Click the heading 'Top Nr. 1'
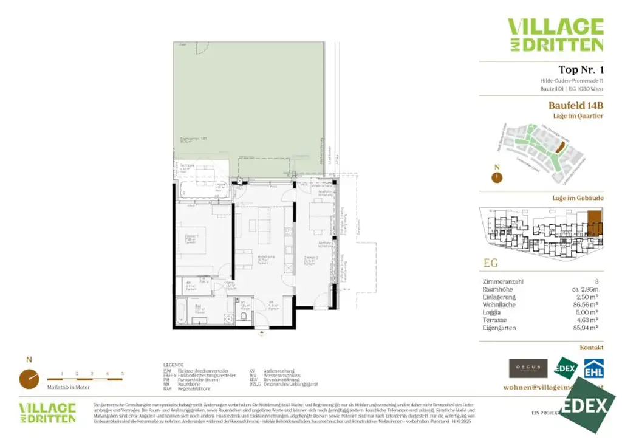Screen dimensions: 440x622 (x=580, y=70)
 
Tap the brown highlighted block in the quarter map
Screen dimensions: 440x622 (x=561, y=146)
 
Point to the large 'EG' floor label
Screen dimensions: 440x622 (x=491, y=263)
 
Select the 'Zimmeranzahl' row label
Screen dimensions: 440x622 (x=502, y=282)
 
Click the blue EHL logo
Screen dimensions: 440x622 (x=593, y=369)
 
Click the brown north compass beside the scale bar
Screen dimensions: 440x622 (x=29, y=379)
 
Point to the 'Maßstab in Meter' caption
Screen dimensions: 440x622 (x=69, y=387)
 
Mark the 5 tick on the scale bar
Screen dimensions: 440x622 (x=123, y=373)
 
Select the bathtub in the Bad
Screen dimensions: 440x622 (x=181, y=311)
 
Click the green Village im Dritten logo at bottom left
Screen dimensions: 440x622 (x=47, y=413)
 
